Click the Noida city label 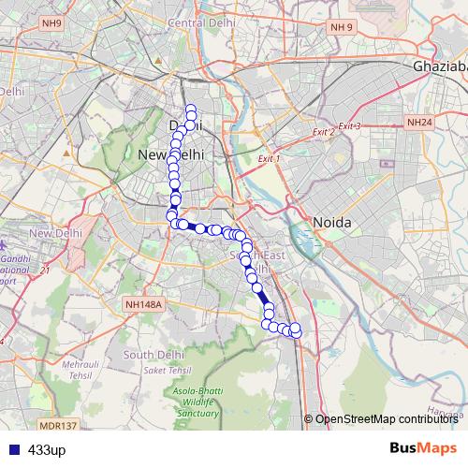(331, 223)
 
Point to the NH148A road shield (143, 304)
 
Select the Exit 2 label (323, 133)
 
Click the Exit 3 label (349, 125)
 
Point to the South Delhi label (152, 355)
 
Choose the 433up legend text (47, 450)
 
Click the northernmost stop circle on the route (190, 108)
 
